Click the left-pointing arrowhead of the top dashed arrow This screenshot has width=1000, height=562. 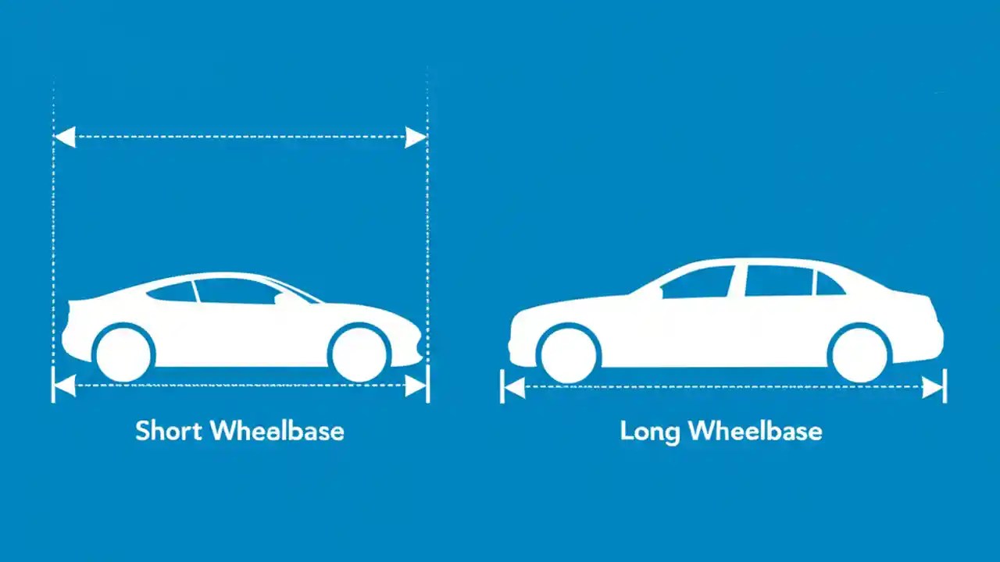click(x=64, y=137)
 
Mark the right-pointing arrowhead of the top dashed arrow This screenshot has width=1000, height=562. click(x=416, y=137)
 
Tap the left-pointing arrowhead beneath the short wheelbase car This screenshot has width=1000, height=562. click(x=64, y=386)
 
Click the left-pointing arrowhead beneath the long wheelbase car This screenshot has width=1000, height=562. click(x=512, y=386)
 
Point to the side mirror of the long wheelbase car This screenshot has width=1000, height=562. click(x=662, y=293)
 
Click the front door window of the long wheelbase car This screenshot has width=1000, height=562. click(x=700, y=283)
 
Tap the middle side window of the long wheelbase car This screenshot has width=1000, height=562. click(x=778, y=281)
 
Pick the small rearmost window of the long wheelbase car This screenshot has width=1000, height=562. click(x=828, y=285)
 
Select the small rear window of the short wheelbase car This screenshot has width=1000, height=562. click(x=173, y=292)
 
